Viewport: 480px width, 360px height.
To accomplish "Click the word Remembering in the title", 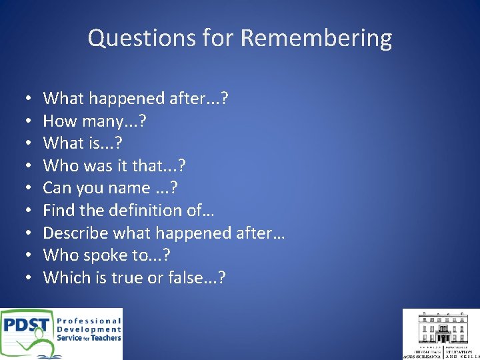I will pyautogui.click(x=316, y=38).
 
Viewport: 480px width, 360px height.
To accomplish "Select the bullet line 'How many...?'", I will pyautogui.click(x=95, y=121).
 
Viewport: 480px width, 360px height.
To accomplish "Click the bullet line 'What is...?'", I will pyautogui.click(x=83, y=143).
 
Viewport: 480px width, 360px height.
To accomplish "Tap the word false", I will pyautogui.click(x=185, y=277).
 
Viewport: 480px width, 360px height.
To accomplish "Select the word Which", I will pyautogui.click(x=65, y=277).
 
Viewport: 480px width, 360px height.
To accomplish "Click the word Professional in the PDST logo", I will pyautogui.click(x=89, y=321).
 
